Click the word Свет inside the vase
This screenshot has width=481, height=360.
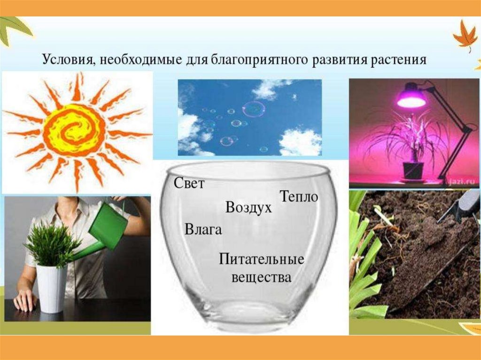click(189, 184)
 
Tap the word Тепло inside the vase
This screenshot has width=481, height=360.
click(299, 197)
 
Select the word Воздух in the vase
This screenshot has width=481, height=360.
click(248, 207)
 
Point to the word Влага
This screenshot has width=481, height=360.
click(203, 230)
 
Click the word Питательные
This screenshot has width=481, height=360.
click(261, 259)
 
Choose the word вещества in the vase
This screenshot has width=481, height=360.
click(261, 277)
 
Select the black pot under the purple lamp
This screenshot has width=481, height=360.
click(413, 171)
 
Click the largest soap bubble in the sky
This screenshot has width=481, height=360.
click(254, 109)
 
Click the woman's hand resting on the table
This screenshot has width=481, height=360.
click(24, 300)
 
